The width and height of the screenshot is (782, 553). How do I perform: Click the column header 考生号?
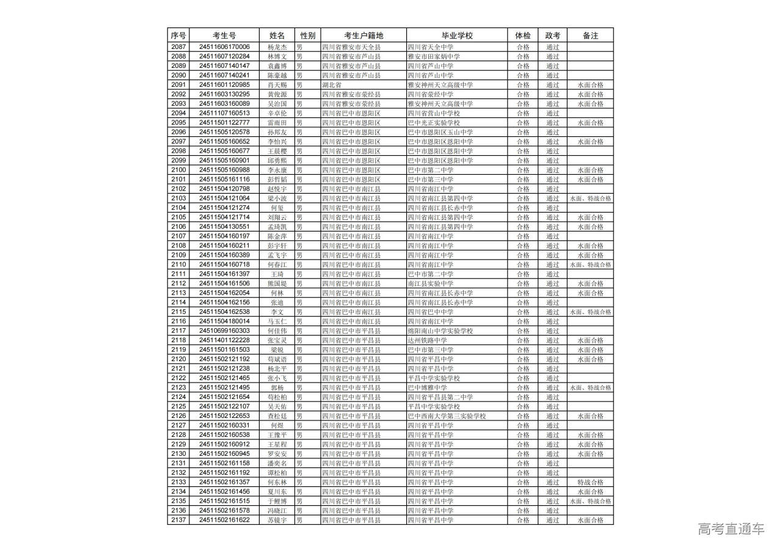coord(224,35)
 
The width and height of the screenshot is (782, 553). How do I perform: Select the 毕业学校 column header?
coord(457,35)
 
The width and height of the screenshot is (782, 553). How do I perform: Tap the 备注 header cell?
coord(590,35)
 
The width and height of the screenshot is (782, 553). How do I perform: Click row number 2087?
coord(178,47)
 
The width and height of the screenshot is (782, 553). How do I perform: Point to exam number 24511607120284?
coord(224,56)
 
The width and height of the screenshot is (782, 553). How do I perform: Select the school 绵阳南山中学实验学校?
coord(440,331)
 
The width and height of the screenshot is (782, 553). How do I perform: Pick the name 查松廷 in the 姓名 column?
coord(277,416)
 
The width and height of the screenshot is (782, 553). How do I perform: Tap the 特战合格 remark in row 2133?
coord(590,482)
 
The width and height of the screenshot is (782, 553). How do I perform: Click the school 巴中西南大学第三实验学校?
coord(447,416)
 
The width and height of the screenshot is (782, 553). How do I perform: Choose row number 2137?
coord(178,520)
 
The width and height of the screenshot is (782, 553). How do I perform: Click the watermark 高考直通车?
coord(731,529)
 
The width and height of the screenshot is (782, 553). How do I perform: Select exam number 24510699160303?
coord(224,331)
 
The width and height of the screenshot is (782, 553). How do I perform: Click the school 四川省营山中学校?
coord(434,113)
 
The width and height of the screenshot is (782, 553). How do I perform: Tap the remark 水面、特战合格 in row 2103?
coord(590,199)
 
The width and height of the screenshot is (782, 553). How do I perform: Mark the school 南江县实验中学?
coord(431,284)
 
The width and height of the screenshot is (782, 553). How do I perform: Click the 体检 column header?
coord(523,35)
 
